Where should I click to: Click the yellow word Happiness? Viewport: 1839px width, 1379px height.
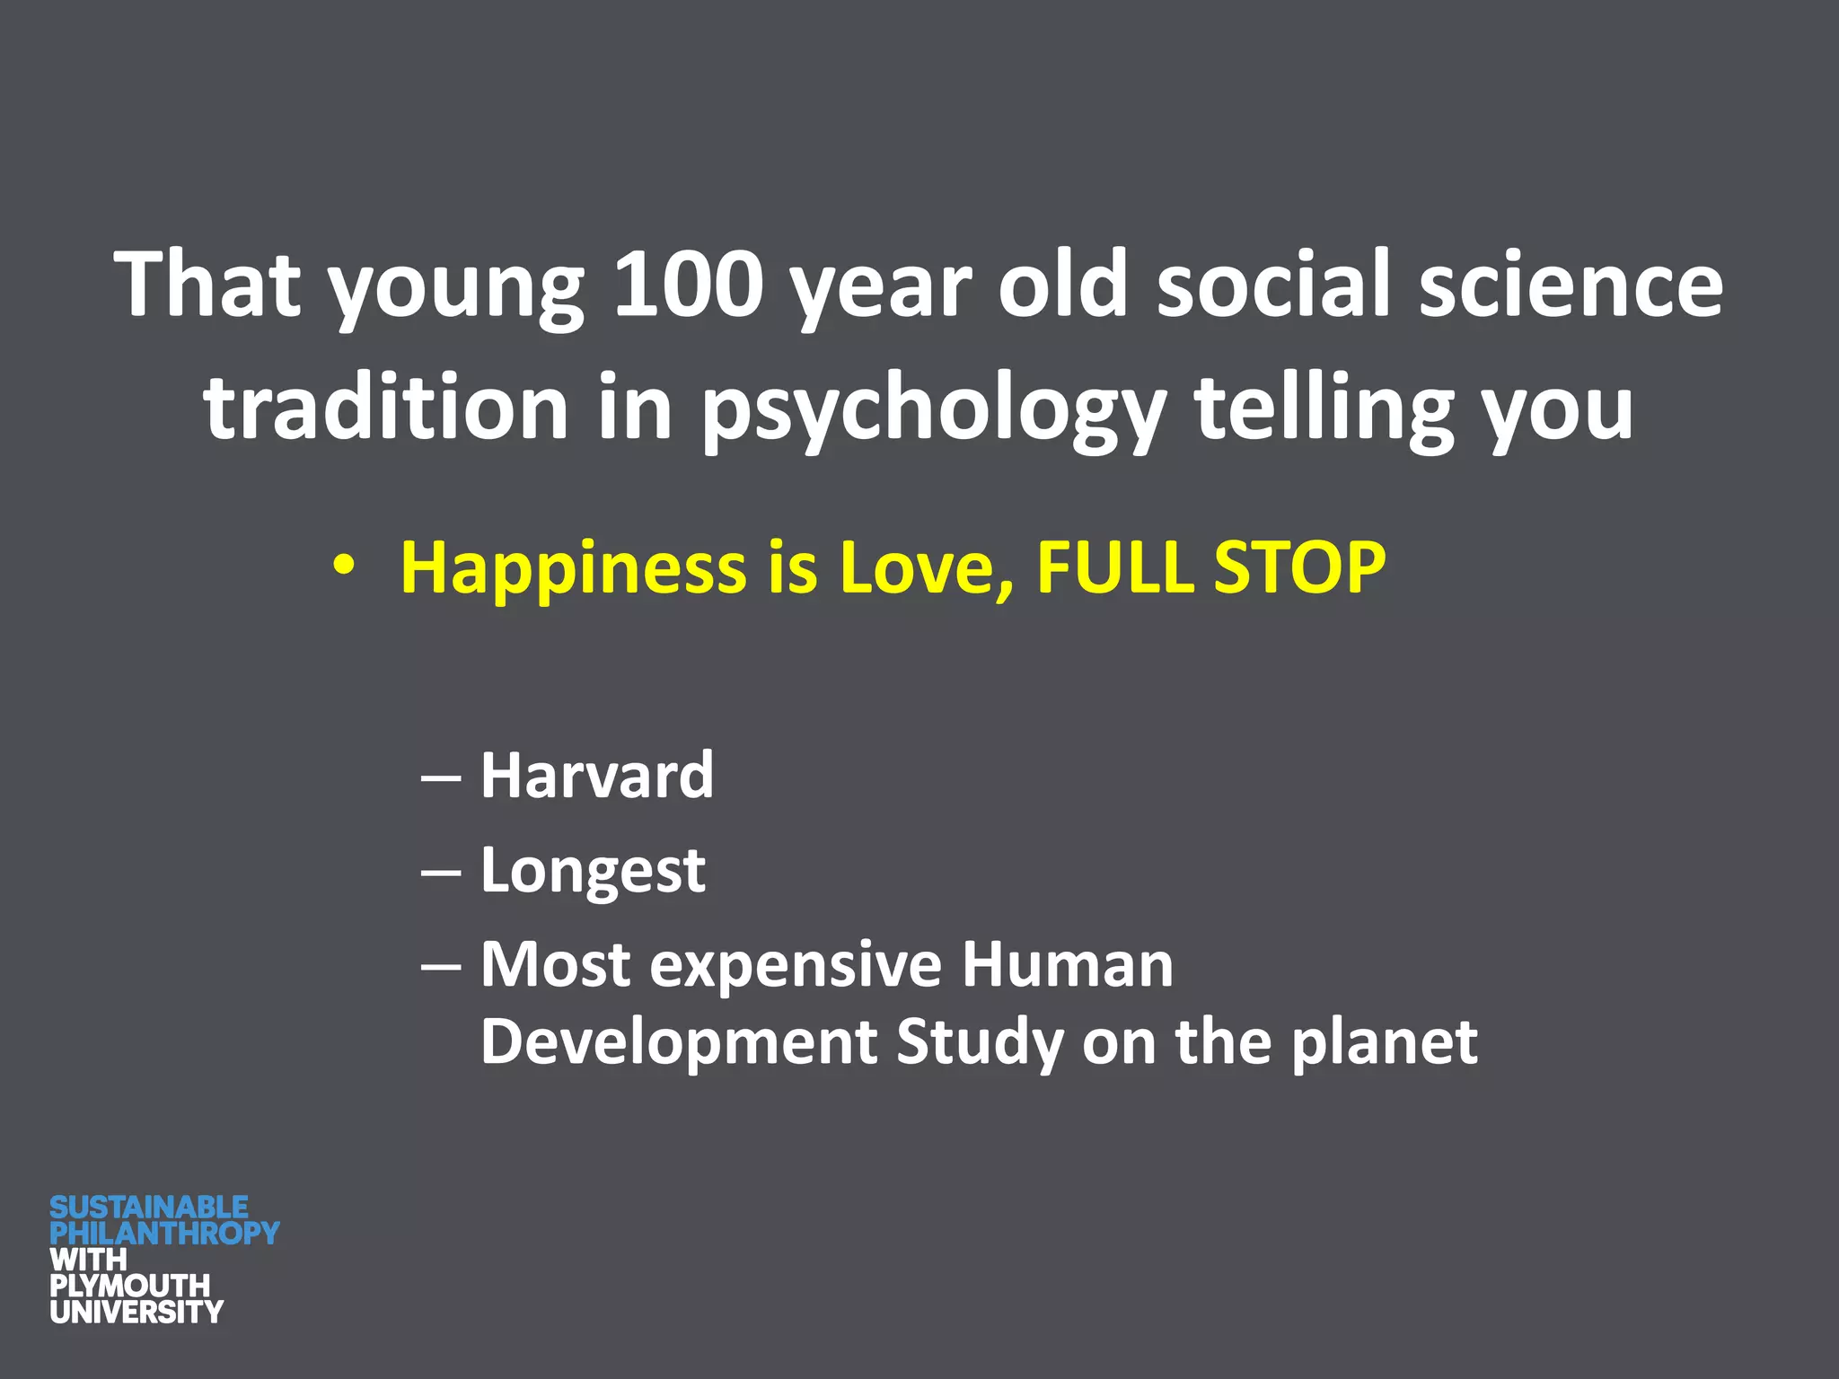(x=573, y=569)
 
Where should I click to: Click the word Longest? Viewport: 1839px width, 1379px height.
(x=593, y=872)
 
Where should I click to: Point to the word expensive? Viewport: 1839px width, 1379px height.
(x=796, y=965)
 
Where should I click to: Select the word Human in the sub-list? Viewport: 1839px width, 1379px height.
(x=1067, y=965)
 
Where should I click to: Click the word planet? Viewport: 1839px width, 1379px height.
(x=1384, y=1043)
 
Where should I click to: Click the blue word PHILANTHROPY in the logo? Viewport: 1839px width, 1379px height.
(x=164, y=1233)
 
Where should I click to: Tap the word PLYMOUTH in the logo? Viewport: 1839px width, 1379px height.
(x=129, y=1285)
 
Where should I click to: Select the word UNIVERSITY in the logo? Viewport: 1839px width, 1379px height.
(x=136, y=1312)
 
